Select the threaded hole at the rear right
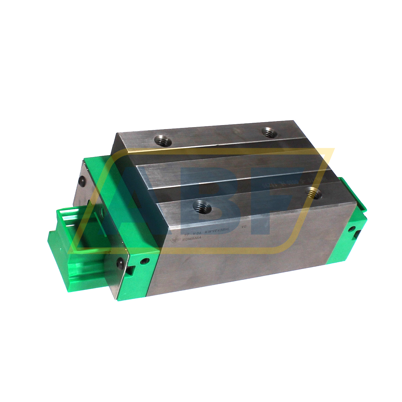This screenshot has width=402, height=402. [269, 132]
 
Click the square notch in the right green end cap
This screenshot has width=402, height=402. [357, 235]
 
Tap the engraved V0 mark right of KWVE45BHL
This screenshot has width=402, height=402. [244, 227]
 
